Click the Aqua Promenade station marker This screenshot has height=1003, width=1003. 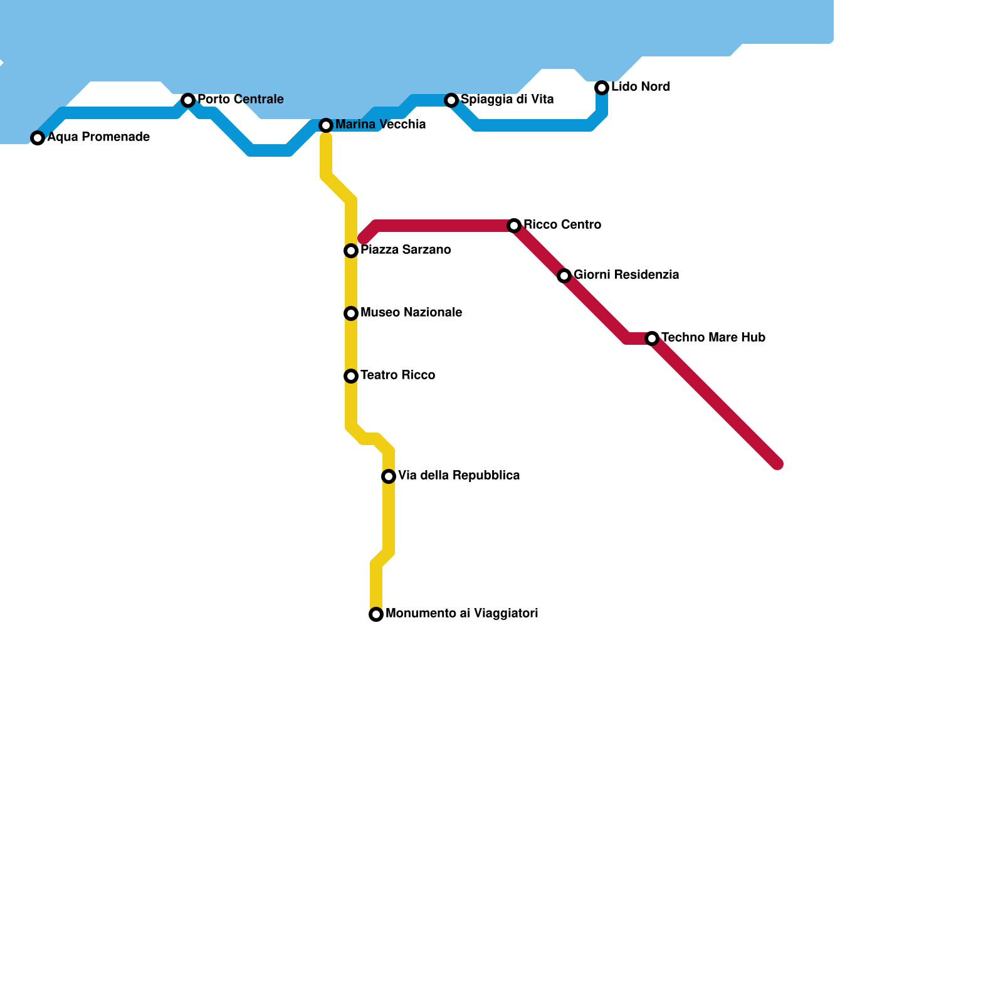point(38,138)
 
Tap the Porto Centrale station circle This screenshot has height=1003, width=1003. point(188,100)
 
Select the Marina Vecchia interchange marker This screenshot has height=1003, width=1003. point(326,125)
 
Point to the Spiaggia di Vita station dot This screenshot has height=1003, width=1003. point(451,100)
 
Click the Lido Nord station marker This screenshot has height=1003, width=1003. point(602,88)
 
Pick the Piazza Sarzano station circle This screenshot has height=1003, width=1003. point(351,251)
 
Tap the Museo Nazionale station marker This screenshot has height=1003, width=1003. point(351,313)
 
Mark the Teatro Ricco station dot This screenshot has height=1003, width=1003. point(351,376)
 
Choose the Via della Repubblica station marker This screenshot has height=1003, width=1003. point(389,476)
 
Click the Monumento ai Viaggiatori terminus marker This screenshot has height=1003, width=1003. point(376,614)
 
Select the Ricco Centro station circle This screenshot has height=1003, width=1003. point(514,226)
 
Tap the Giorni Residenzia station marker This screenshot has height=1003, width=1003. point(564,276)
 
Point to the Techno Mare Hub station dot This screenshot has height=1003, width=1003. point(652,339)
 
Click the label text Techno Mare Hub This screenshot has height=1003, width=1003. point(713,338)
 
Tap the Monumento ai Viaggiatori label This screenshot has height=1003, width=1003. point(461,614)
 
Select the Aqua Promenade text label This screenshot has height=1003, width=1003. point(98,137)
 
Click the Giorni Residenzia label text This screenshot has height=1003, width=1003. point(626,275)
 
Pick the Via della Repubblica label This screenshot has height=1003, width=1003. point(458,476)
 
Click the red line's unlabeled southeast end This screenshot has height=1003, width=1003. point(777,464)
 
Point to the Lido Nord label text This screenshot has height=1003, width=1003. point(640,87)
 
